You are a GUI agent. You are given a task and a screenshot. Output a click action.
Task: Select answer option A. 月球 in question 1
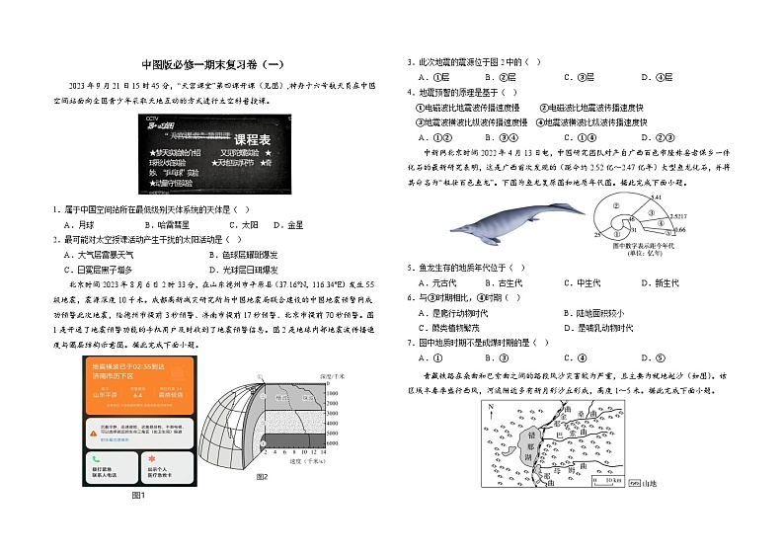coord(80,225)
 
